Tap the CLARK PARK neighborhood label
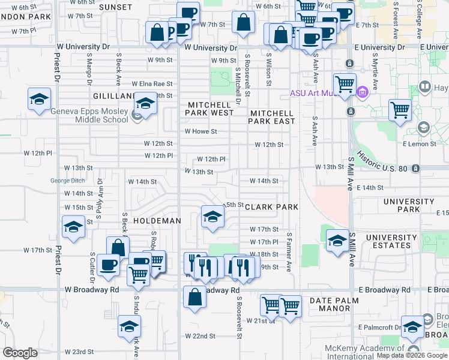point(271,207)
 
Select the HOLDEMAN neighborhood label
point(157,221)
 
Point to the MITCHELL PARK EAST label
point(273,117)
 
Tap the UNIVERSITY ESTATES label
point(391,242)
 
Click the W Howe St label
point(200,131)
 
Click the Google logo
point(20,352)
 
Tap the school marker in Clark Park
point(211,217)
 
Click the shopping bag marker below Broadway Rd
point(195,297)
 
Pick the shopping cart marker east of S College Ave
point(400,110)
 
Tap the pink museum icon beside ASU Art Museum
point(361,92)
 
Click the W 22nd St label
point(199,335)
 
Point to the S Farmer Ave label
point(289,252)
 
